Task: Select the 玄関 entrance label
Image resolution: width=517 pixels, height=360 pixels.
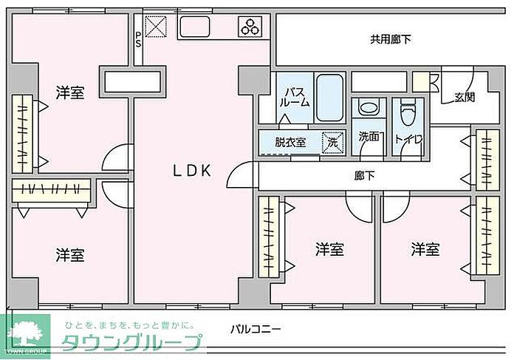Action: point(465,97)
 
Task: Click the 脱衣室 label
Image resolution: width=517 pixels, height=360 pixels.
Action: point(290,142)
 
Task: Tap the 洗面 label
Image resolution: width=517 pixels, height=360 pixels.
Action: point(369,137)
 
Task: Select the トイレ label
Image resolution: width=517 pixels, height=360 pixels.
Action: point(408,138)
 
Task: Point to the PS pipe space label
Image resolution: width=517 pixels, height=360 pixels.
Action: point(138,38)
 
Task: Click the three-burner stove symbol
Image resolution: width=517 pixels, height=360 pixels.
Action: point(250,28)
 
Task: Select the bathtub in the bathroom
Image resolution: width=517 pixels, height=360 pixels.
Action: point(329,98)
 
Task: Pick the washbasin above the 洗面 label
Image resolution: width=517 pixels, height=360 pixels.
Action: point(367,108)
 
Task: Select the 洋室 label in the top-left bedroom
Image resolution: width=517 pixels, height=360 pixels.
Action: point(70,92)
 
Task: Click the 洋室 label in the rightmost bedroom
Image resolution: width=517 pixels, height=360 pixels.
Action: point(425,249)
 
